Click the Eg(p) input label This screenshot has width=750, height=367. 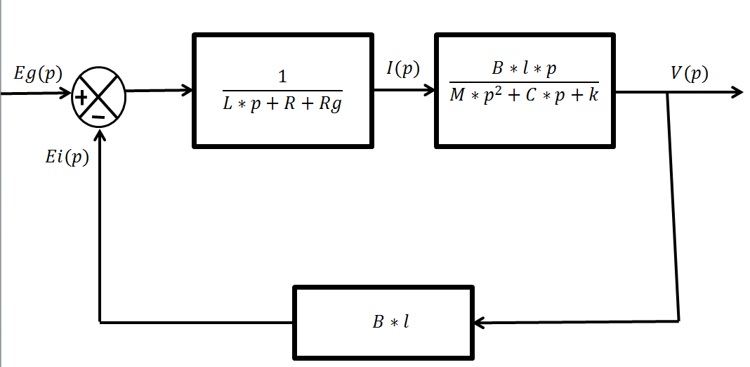[37, 74]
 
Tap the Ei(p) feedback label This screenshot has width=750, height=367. [67, 157]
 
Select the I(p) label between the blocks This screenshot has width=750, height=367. [402, 68]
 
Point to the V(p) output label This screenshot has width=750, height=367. [689, 73]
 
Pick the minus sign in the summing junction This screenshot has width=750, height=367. [98, 115]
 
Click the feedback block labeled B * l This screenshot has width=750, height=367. [383, 322]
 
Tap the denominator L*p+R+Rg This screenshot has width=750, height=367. [282, 105]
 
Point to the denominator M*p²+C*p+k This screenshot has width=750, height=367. [524, 95]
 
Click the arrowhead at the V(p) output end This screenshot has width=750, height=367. [737, 92]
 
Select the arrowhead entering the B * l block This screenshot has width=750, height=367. [480, 322]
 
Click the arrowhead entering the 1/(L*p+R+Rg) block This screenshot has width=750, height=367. [187, 90]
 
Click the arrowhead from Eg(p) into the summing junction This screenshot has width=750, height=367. [68, 92]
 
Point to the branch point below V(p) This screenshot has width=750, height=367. [667, 93]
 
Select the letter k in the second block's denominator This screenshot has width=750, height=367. [594, 94]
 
